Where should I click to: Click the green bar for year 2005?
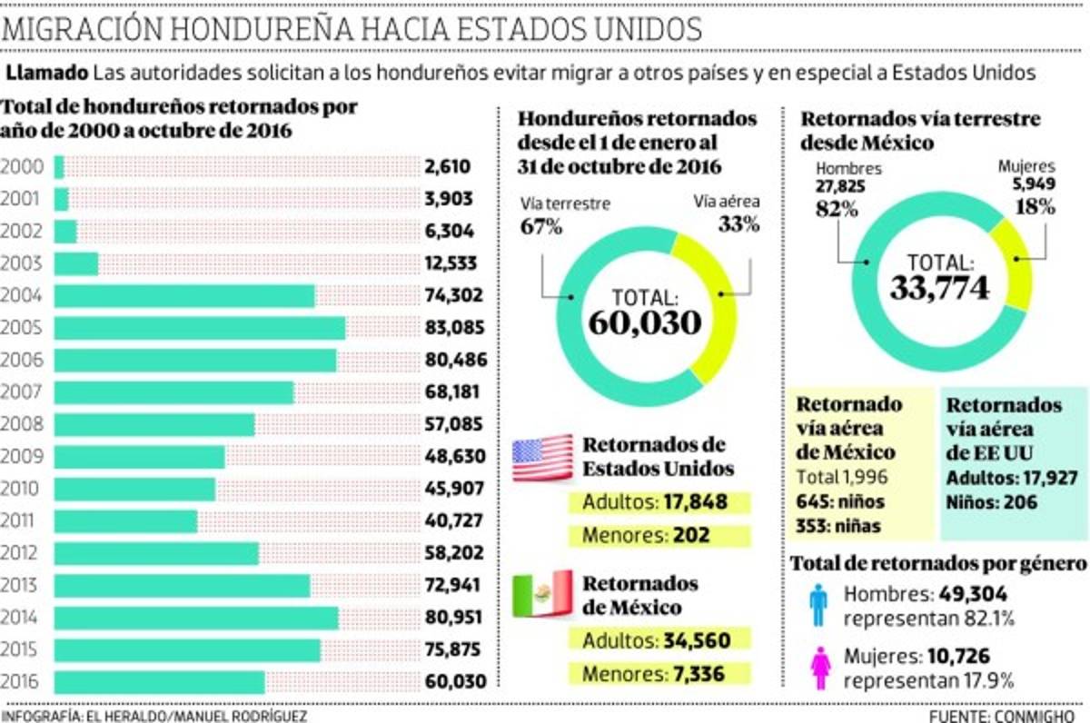(x=200, y=328)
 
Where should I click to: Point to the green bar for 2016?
(x=160, y=682)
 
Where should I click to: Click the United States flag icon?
(x=542, y=458)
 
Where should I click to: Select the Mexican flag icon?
(x=542, y=594)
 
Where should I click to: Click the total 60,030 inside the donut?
(x=645, y=321)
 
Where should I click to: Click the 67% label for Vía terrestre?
(x=541, y=226)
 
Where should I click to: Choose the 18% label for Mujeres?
(x=1035, y=206)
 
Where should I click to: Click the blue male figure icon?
(x=818, y=605)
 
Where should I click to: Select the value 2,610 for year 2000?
(x=447, y=167)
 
